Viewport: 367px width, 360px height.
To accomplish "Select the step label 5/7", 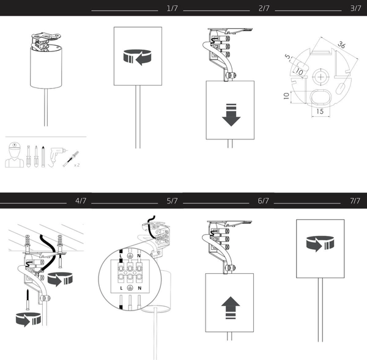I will (172, 201).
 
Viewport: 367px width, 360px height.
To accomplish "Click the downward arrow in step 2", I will (231, 114).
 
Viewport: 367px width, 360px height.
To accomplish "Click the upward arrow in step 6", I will (231, 304).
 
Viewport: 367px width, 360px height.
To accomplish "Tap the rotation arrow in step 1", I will (138, 57).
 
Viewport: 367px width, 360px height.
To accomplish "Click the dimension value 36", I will (342, 45).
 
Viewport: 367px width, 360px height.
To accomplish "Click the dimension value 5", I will (287, 57).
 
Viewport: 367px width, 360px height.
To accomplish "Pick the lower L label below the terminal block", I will (122, 287).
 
